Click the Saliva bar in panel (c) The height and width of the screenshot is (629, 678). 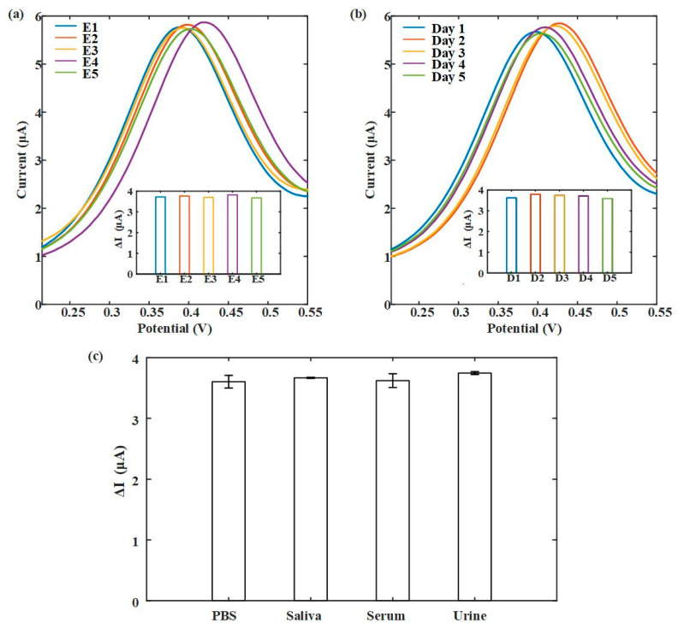coord(309,489)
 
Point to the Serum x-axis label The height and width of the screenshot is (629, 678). coord(391,615)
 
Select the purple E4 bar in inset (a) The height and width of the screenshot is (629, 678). coord(232,234)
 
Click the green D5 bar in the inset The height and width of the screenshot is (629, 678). coord(607,235)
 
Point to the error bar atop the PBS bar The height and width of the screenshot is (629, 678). coord(229,382)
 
